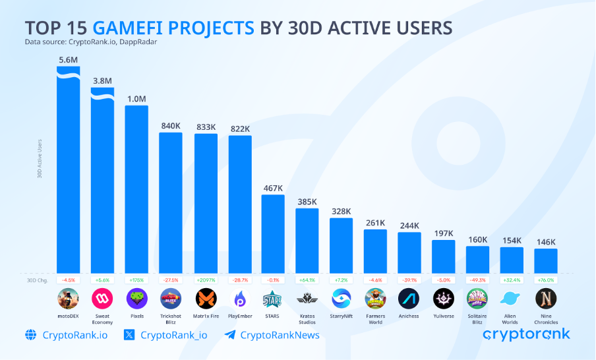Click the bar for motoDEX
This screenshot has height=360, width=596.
click(68, 171)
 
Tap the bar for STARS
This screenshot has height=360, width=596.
click(273, 233)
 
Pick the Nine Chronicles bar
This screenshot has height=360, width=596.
click(545, 260)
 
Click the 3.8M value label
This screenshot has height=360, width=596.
click(102, 80)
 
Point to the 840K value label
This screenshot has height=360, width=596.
click(171, 125)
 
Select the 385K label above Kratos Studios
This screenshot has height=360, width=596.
click(307, 201)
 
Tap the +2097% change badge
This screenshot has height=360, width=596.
click(205, 280)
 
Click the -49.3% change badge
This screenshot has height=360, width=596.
click(477, 280)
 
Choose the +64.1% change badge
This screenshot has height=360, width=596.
click(307, 280)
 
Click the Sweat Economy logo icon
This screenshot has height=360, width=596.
click(102, 299)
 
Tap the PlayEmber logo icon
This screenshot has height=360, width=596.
click(239, 299)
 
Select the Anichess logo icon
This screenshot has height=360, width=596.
click(409, 299)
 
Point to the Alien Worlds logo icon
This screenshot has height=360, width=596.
click(512, 299)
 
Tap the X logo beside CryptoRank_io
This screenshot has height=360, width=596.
click(129, 335)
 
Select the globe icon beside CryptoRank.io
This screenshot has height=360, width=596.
click(31, 335)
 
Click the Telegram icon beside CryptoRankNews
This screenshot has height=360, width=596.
click(229, 335)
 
